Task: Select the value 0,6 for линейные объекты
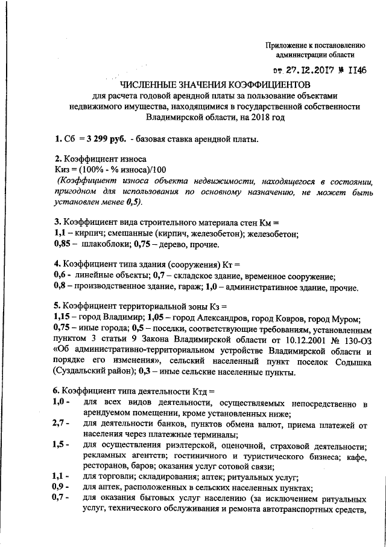tap(60, 276)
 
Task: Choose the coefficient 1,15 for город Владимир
tap(63, 318)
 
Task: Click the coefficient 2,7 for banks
tap(60, 424)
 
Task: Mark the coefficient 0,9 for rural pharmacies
tap(60, 487)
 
